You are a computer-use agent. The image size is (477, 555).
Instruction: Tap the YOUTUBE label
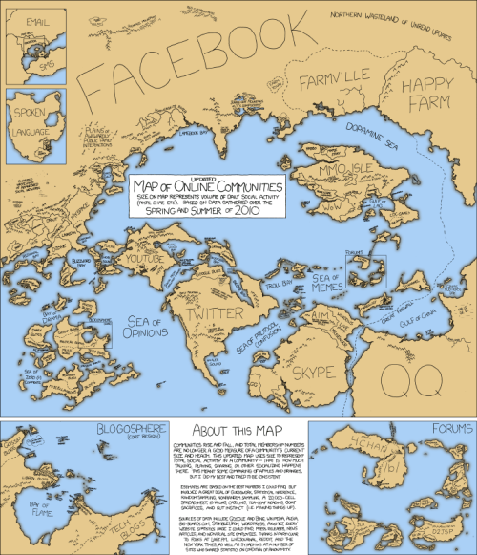tap(145, 259)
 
